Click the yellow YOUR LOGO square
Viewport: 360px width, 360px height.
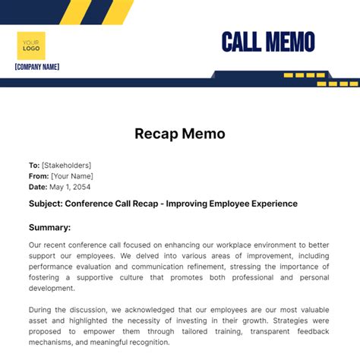(31, 45)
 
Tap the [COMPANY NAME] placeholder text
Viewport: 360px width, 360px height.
(36, 67)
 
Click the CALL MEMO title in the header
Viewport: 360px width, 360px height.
(267, 42)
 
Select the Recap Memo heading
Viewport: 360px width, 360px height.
(180, 134)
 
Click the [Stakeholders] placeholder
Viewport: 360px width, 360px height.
(67, 166)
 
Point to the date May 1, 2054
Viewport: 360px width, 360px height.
(70, 187)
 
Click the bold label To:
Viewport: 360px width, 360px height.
(34, 166)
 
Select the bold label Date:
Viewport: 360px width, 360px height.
(38, 187)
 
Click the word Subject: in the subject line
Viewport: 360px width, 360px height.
(45, 204)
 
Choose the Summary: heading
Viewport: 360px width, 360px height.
(49, 227)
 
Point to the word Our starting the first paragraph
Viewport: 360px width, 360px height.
(36, 245)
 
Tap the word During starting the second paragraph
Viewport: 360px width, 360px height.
(42, 310)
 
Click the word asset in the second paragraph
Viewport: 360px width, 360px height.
(39, 321)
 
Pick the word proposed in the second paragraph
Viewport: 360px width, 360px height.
(46, 331)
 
